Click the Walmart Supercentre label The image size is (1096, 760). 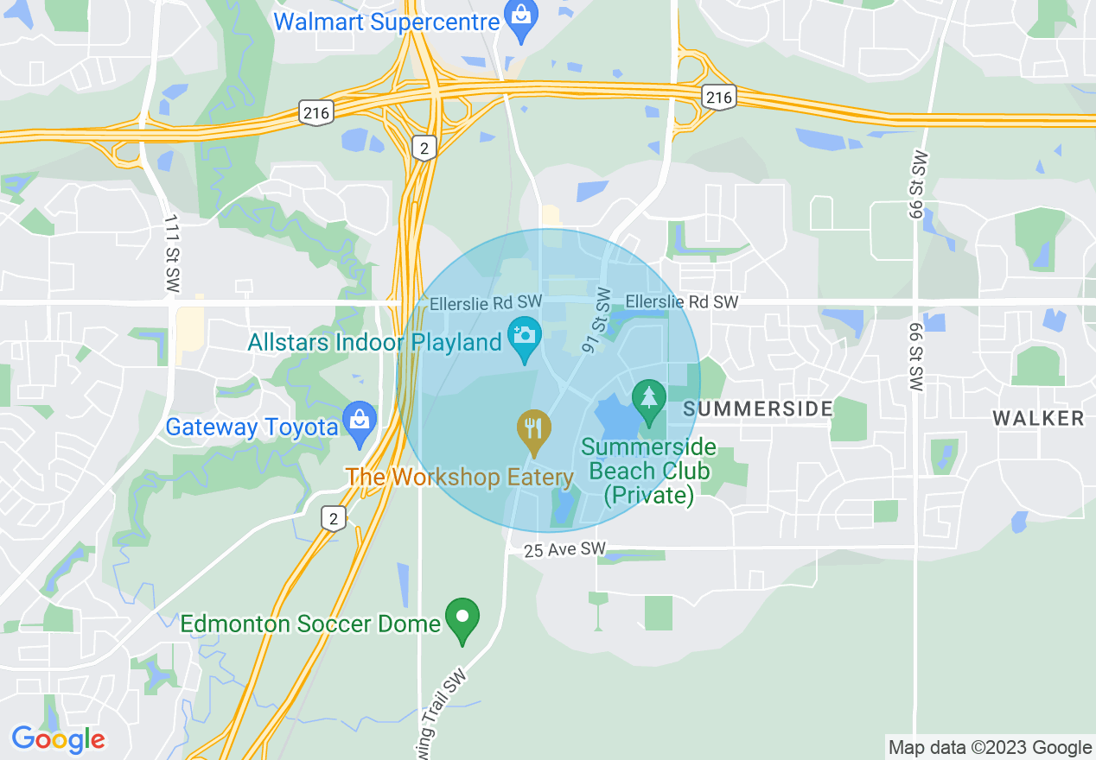coord(386,21)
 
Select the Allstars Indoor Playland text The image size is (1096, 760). coord(374,342)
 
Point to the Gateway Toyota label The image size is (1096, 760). coord(252,427)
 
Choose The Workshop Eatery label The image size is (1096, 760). coord(460,478)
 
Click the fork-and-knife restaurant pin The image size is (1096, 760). coord(534,428)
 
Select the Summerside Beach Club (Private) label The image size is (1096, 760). coord(648,472)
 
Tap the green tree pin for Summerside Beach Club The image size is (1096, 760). coord(649,398)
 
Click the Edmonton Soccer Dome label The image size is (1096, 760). coord(310,624)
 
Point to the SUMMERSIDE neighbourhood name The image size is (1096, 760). coord(758,408)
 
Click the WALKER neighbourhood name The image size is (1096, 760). coord(1038,419)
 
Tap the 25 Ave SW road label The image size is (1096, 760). coord(565,549)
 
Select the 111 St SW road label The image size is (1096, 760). coord(169,253)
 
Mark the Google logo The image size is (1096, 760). coord(58,739)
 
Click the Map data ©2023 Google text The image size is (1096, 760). coord(991,748)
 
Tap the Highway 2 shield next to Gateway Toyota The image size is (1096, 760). coord(334,518)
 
